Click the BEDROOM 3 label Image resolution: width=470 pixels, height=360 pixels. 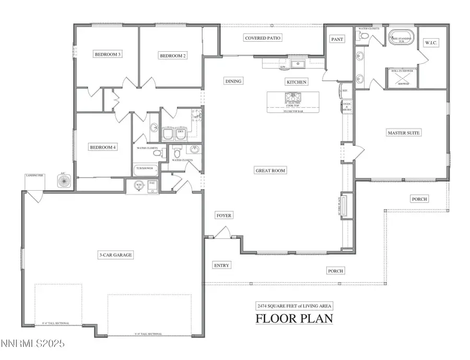107,54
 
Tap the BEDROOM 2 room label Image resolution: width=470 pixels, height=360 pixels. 173,55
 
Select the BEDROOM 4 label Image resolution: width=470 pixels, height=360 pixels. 102,147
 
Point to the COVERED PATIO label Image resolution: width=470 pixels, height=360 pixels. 263,38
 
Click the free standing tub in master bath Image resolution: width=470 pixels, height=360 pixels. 401,39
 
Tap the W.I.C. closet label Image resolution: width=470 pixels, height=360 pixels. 431,42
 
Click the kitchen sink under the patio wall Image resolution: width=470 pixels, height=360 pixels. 299,64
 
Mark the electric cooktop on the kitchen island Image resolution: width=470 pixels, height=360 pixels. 292,97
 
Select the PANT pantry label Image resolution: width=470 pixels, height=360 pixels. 337,39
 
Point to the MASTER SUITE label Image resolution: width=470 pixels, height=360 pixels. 403,133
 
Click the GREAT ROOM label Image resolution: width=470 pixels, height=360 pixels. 271,170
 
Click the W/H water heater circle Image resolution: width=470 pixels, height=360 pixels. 138,185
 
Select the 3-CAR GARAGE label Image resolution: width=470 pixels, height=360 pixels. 115,255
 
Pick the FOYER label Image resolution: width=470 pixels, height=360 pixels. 224,215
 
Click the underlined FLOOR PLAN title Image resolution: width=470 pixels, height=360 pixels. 293,318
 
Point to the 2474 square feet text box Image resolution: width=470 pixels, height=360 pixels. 293,306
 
